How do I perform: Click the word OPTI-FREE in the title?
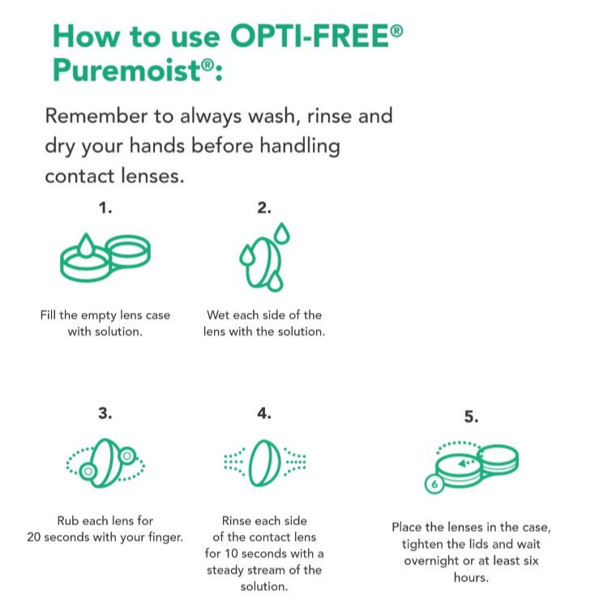(x=310, y=36)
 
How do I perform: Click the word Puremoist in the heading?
(x=127, y=71)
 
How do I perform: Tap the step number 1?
(x=105, y=208)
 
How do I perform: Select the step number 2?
(x=264, y=208)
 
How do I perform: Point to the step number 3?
(x=105, y=413)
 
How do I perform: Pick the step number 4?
(x=264, y=413)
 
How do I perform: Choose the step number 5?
(x=471, y=417)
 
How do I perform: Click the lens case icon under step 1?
(x=105, y=258)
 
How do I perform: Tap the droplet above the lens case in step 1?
(x=86, y=245)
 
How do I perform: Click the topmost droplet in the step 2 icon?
(x=282, y=233)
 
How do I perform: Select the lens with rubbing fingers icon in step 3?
(x=105, y=464)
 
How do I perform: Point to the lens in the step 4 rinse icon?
(x=264, y=463)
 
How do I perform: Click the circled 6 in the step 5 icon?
(x=434, y=484)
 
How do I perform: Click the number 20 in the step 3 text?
(x=33, y=537)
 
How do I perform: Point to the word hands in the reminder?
(x=157, y=146)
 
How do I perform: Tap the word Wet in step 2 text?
(x=218, y=315)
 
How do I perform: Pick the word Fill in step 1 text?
(x=48, y=315)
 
